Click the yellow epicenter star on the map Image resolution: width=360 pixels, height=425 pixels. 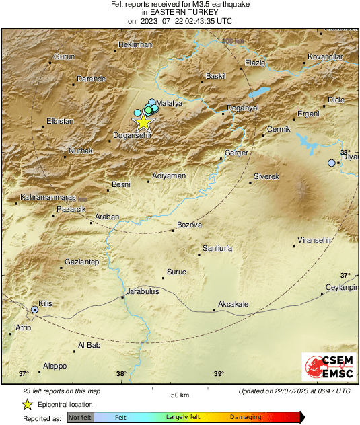pos(143,122)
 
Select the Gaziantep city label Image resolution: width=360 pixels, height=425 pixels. pos(81,261)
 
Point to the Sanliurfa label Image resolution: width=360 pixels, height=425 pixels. pos(217,248)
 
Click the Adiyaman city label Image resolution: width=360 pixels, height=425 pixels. pos(169,176)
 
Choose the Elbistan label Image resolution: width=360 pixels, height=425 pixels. pos(60,122)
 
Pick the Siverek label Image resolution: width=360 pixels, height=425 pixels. pos(266,176)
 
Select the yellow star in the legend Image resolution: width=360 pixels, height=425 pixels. pos(27,404)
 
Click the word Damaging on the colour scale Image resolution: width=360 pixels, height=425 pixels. pos(246,417)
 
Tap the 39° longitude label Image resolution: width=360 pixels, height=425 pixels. pos(219,374)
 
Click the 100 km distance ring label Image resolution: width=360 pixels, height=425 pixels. pos(233,42)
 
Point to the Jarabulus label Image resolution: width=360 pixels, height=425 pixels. pos(143,292)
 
